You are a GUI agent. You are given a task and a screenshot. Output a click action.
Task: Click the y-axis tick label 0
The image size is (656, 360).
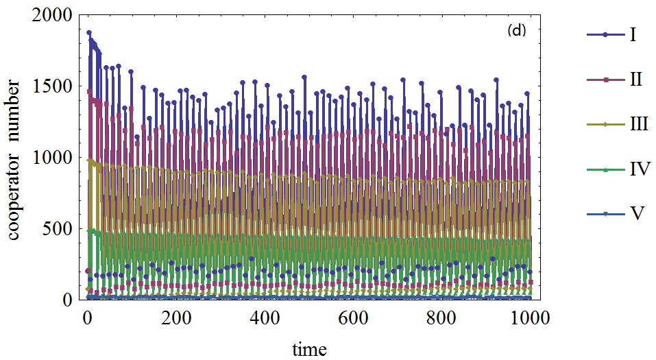pyautogui.click(x=69, y=300)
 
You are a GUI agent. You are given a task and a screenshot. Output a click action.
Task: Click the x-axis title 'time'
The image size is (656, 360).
pyautogui.click(x=309, y=349)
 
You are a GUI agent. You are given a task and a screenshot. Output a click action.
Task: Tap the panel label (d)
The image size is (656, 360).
pyautogui.click(x=516, y=31)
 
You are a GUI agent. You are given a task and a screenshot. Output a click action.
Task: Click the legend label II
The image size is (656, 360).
pyautogui.click(x=635, y=80)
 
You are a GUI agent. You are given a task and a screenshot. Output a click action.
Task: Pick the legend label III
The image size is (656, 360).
pyautogui.click(x=638, y=124)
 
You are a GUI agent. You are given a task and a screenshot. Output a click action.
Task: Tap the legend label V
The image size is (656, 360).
pyautogui.click(x=636, y=213)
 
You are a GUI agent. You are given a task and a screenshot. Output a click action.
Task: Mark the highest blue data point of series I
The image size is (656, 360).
pyautogui.click(x=89, y=32)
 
